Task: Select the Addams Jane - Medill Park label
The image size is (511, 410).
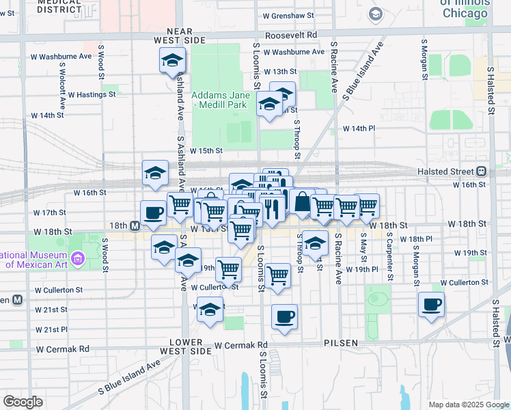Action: click(x=219, y=100)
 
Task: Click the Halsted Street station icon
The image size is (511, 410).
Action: click(x=482, y=171)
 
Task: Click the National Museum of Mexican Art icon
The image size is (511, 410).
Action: click(x=78, y=258)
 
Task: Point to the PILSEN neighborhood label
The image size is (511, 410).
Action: click(x=342, y=342)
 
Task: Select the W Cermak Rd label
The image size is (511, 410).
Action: click(x=63, y=348)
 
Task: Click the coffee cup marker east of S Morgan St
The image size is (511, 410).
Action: click(x=431, y=305)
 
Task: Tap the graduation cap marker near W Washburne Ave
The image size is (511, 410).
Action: click(x=172, y=61)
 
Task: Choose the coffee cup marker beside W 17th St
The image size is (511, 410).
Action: click(x=154, y=213)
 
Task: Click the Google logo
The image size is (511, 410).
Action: click(x=23, y=402)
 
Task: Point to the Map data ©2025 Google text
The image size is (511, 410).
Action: click(x=468, y=404)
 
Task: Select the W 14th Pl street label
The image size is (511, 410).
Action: click(x=359, y=128)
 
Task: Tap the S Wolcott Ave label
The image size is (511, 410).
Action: click(x=62, y=87)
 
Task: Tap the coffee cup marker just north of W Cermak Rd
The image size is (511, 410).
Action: click(x=284, y=316)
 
